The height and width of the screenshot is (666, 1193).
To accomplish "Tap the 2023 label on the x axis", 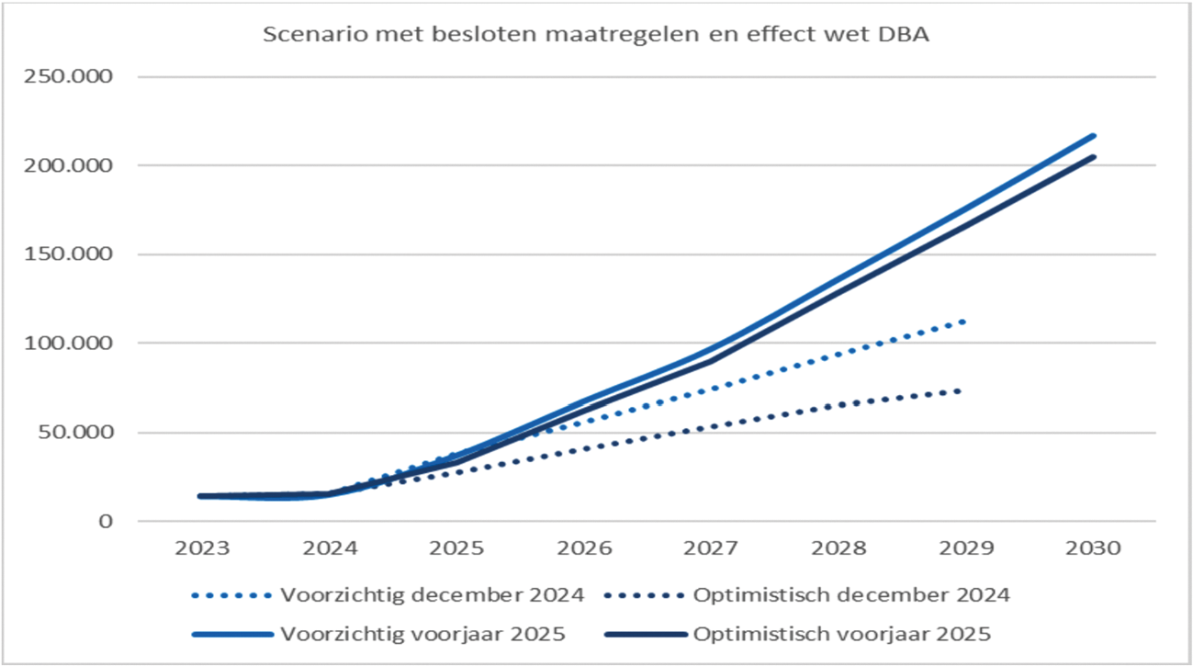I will click(202, 548).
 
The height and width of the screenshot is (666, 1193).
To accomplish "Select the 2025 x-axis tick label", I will click(456, 548).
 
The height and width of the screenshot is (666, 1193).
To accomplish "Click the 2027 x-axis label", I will click(712, 548).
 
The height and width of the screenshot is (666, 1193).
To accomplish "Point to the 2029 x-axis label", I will click(966, 548).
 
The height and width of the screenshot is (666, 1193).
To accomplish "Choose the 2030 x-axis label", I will click(1094, 548).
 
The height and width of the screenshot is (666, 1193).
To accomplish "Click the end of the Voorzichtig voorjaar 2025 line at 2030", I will click(1094, 136).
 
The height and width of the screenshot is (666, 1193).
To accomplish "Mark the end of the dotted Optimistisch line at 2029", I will click(962, 390).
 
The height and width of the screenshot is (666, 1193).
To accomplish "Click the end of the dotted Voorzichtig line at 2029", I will click(963, 322).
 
